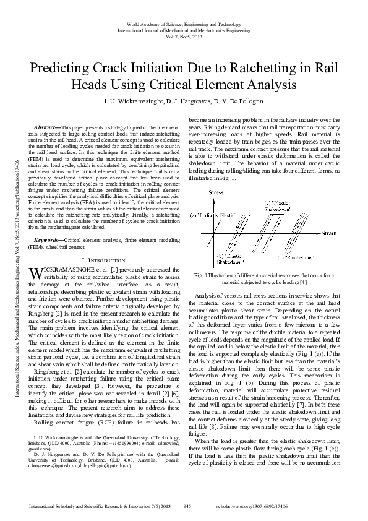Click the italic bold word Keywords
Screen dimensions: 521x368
coord(48,238)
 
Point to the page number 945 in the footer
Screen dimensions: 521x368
coord(189,506)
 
